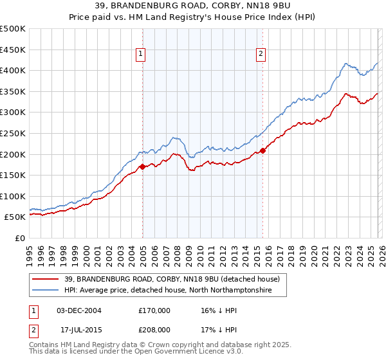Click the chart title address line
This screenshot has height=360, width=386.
[x=192, y=7]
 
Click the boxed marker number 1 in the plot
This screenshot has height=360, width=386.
[x=140, y=55]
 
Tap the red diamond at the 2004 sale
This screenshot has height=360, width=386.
[x=142, y=166]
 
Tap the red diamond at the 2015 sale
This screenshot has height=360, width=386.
[x=263, y=151]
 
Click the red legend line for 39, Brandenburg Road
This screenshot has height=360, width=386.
[x=45, y=280]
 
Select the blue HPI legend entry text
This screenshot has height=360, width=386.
[x=168, y=291]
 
